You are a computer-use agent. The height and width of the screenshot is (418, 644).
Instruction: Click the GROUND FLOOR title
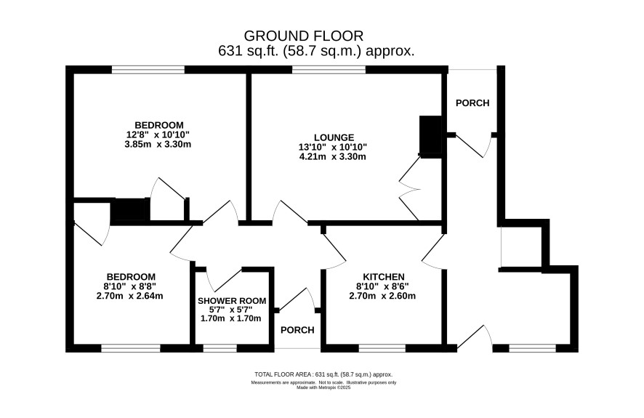[304, 36]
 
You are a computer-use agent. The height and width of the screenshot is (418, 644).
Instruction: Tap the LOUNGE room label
[334, 137]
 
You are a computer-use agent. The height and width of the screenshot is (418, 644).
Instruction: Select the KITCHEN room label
[384, 277]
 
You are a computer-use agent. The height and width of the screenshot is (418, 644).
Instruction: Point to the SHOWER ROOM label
[232, 301]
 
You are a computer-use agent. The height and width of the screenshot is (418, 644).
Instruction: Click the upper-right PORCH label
[472, 103]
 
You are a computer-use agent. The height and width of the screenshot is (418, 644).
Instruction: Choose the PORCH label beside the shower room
[297, 330]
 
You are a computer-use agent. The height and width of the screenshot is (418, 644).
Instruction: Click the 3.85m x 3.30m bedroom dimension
[158, 145]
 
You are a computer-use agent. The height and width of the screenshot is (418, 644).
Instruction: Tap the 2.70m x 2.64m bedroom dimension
[130, 296]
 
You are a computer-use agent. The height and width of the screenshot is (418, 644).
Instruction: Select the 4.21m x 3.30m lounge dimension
[333, 156]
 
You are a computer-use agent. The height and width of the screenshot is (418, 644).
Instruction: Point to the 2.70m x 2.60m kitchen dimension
[382, 296]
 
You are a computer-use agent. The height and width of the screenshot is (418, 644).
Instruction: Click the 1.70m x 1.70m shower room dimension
[231, 318]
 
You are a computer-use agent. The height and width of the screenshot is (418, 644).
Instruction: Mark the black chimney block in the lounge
[430, 137]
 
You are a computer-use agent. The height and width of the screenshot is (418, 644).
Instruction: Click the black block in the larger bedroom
[130, 210]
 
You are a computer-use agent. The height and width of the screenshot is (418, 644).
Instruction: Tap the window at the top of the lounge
[329, 70]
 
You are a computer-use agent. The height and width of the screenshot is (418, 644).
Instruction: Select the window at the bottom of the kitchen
[382, 349]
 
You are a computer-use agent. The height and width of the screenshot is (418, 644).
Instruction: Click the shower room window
[220, 349]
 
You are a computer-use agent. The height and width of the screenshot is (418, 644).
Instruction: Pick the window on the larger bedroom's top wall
[148, 70]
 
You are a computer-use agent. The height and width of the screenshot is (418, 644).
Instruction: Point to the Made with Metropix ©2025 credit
[323, 387]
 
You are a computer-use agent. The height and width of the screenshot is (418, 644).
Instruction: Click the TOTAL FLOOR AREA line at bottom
[323, 374]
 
